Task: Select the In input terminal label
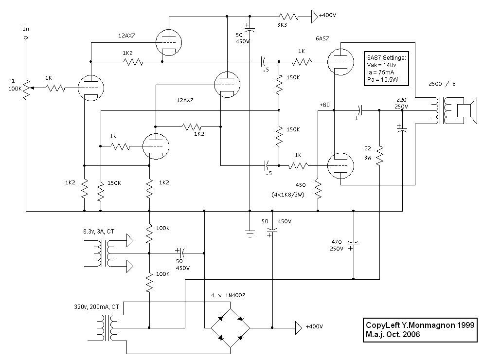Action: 26,29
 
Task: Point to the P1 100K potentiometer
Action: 26,88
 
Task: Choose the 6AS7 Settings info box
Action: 387,69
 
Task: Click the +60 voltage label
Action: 324,105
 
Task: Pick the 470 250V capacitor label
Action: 337,244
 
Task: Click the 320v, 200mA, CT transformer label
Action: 96,307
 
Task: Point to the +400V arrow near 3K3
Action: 314,16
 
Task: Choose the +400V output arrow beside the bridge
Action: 298,326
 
